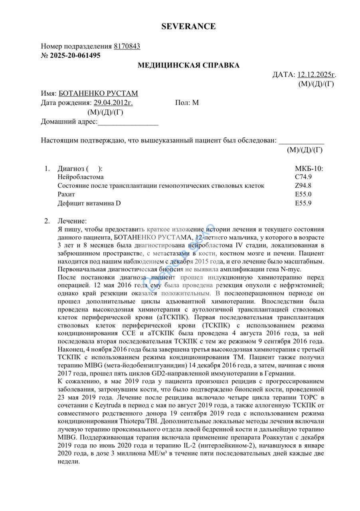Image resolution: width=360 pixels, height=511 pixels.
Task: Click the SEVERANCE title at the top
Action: point(188,27)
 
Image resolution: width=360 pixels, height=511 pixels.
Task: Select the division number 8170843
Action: point(127,46)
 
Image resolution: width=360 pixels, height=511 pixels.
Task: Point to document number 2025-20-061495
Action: point(75,55)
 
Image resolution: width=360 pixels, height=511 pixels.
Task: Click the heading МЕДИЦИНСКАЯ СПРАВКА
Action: point(188,65)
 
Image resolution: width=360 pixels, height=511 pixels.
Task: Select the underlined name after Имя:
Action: point(98,94)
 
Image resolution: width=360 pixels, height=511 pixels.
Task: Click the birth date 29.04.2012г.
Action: point(113,103)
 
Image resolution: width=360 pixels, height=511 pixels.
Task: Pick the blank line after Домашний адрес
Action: point(128,122)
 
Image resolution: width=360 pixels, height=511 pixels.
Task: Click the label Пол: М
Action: point(187,103)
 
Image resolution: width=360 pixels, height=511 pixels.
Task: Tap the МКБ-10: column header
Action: point(309,168)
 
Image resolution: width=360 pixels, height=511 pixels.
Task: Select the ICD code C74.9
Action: point(303,177)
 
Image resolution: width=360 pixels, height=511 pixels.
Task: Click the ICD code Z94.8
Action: point(303,186)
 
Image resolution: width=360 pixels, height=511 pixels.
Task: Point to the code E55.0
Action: point(303,194)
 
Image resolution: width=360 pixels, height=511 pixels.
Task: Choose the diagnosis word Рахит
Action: point(66,194)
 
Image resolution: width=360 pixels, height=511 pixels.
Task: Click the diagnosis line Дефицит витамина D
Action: point(89,203)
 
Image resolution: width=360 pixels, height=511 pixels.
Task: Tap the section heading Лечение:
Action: point(72,221)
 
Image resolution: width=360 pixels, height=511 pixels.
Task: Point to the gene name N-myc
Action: point(292,269)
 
